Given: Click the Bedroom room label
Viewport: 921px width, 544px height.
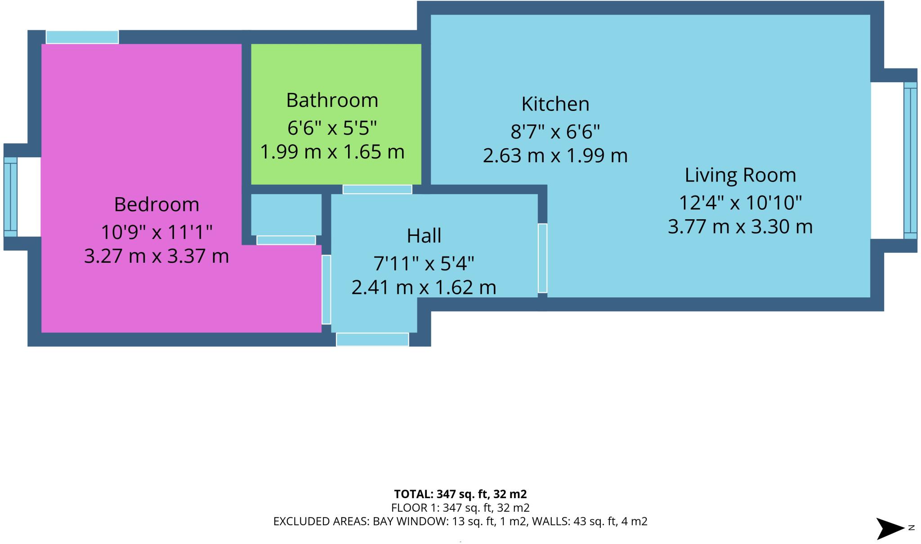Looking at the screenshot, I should click(x=156, y=204).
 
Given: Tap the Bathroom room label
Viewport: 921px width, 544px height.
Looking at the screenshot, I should click(x=332, y=100).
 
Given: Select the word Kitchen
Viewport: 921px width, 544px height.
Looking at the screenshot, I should click(x=555, y=104).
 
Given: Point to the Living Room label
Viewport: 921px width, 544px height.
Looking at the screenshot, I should click(x=740, y=175).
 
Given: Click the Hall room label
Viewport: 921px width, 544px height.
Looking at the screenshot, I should click(x=424, y=236).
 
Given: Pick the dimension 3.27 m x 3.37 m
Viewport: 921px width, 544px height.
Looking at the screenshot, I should click(x=156, y=257).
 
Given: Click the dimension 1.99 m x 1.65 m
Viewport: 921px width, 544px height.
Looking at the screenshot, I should click(x=332, y=152).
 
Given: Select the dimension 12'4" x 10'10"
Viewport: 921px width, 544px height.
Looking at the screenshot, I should click(x=740, y=203).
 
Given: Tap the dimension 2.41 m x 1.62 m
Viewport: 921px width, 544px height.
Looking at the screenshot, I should click(x=424, y=287).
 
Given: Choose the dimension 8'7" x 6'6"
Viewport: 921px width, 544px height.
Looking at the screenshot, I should click(x=555, y=132).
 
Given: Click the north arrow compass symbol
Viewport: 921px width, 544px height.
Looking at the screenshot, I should click(x=890, y=528).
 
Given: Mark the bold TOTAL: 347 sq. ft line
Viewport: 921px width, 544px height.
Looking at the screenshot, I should click(x=460, y=494).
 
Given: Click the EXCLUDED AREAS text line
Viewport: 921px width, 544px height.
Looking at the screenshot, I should click(x=460, y=522).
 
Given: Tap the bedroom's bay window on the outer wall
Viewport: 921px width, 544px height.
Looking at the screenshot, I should click(x=10, y=197).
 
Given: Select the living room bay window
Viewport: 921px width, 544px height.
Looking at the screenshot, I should click(x=910, y=160).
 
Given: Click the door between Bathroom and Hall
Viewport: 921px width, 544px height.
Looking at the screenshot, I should click(x=377, y=190).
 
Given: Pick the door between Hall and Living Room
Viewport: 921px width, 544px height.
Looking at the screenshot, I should click(x=542, y=258).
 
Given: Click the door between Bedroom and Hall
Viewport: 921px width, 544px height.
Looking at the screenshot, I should click(x=326, y=289).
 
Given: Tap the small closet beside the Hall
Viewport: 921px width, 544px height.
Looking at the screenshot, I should click(x=286, y=214).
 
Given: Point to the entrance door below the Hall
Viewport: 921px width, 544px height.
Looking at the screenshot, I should click(x=372, y=340).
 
